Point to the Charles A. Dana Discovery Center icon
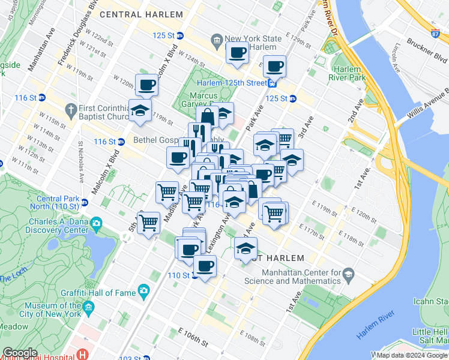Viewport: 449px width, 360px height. (96, 226)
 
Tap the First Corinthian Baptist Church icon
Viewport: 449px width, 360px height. (71, 110)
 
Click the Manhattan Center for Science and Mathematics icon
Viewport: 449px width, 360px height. (348, 275)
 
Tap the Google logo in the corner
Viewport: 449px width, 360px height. (20, 353)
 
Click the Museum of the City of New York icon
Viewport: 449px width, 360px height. (89, 308)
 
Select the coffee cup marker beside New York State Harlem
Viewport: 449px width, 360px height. (237, 52)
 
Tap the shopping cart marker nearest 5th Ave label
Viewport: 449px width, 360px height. (148, 223)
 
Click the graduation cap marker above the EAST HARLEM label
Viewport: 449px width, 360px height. (246, 248)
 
